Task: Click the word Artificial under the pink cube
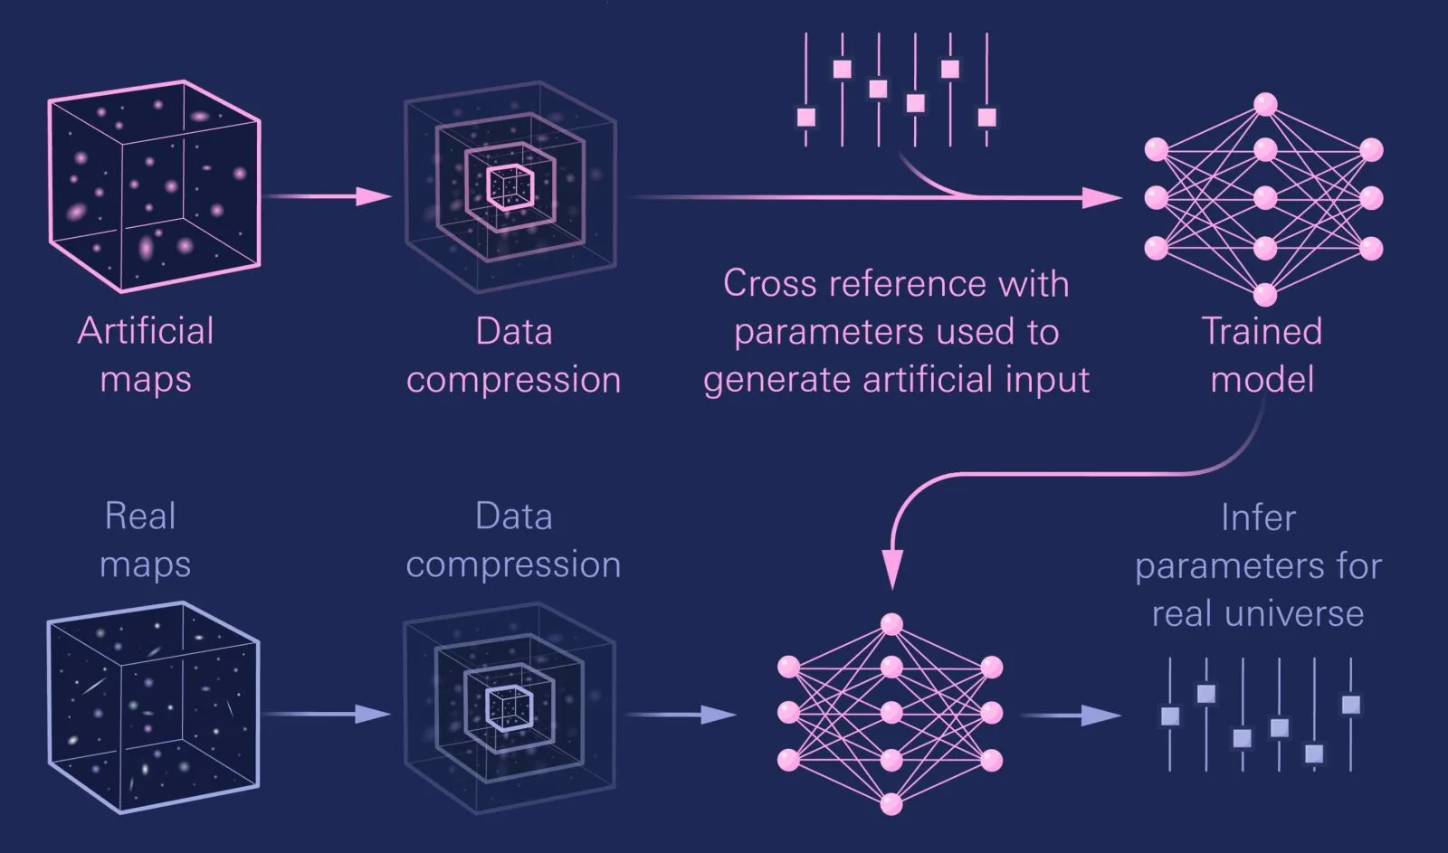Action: (x=146, y=331)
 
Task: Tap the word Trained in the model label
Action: (x=1262, y=331)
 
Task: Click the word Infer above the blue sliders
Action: (x=1258, y=517)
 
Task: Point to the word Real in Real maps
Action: (x=140, y=517)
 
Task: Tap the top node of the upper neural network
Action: (x=1265, y=105)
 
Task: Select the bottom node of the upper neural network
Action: (x=1265, y=295)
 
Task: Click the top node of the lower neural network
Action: (x=891, y=624)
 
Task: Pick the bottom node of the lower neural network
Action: (x=891, y=804)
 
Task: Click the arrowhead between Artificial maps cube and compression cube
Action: (x=375, y=195)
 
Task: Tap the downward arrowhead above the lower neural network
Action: (x=892, y=570)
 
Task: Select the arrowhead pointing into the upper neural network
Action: (x=1103, y=198)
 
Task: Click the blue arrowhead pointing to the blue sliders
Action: (x=1101, y=716)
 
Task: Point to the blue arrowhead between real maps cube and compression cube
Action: (x=373, y=714)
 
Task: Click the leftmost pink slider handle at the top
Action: (x=806, y=118)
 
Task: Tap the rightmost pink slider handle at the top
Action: (x=986, y=118)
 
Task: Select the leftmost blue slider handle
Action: (x=1170, y=716)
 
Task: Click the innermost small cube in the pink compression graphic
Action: (x=510, y=187)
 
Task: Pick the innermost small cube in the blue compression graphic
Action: (x=509, y=709)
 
